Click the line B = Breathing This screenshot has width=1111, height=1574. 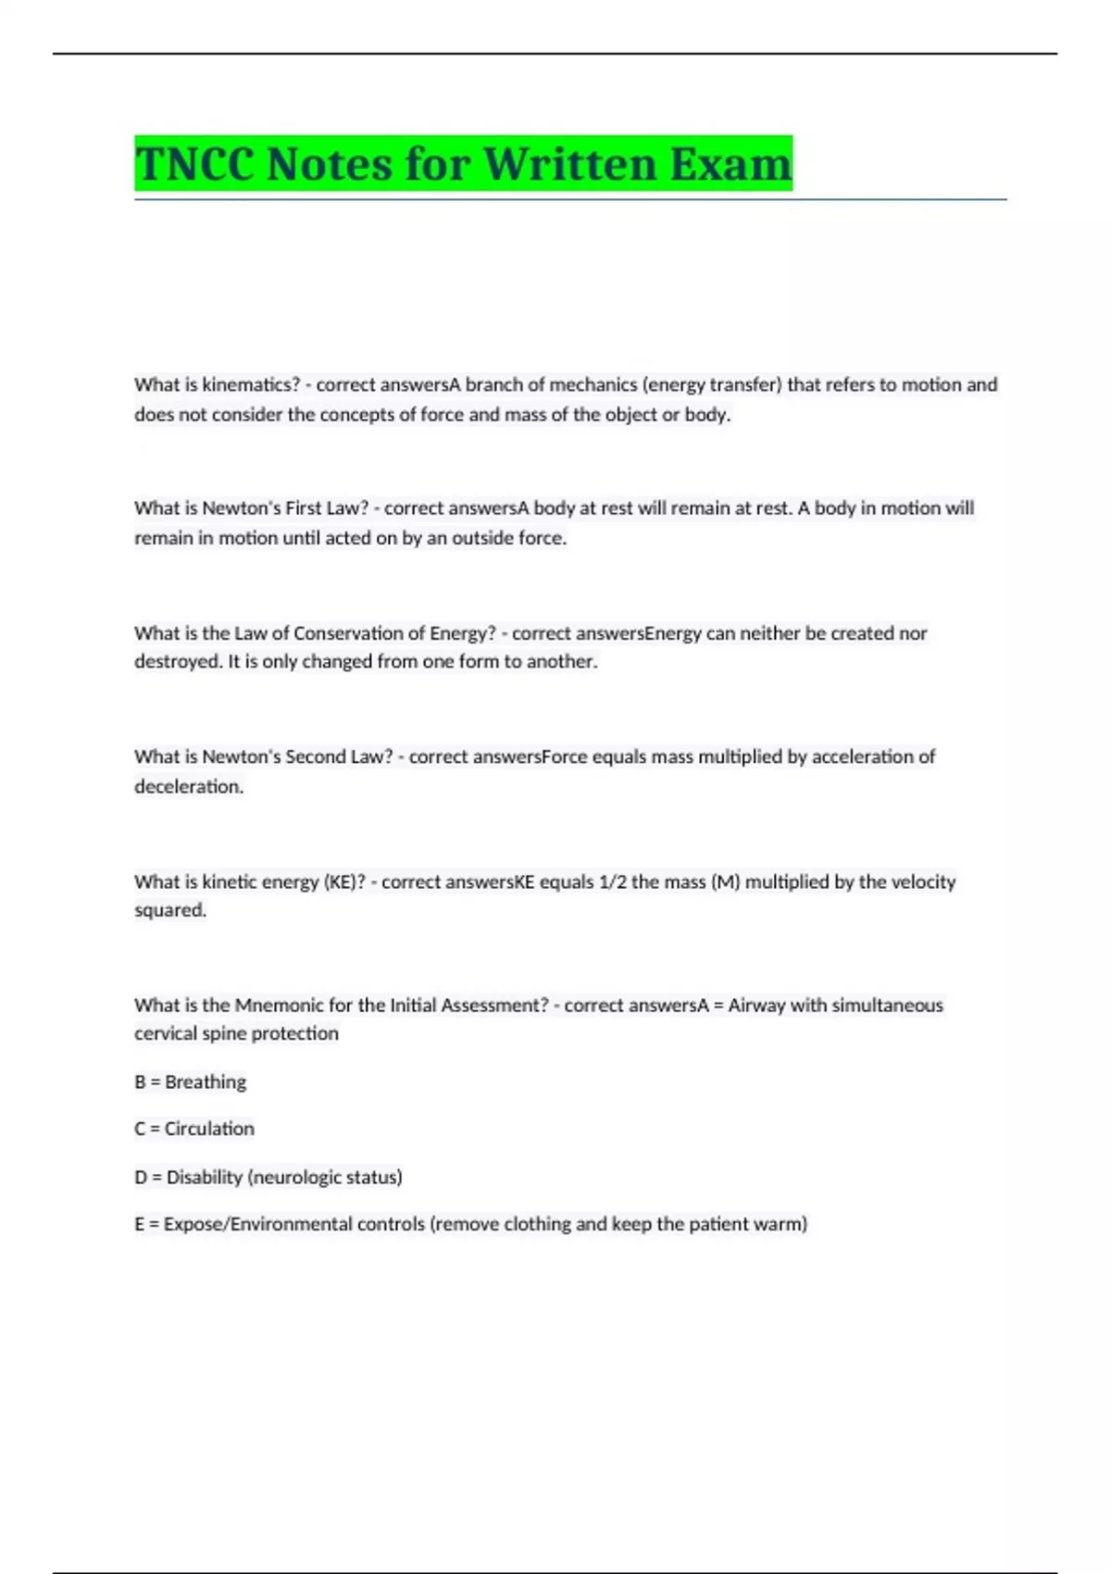pyautogui.click(x=191, y=1081)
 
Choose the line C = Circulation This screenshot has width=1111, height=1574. pyautogui.click(x=194, y=1129)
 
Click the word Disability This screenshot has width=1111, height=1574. pyautogui.click(x=205, y=1177)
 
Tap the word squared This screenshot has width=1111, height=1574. pyautogui.click(x=170, y=910)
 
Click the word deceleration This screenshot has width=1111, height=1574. pyautogui.click(x=189, y=786)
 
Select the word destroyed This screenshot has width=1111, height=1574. pyautogui.click(x=178, y=661)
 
